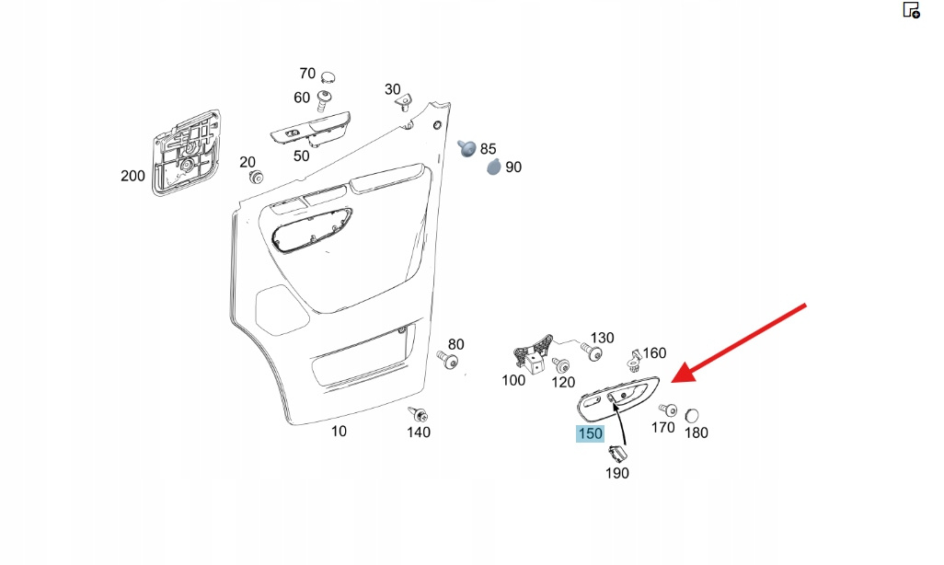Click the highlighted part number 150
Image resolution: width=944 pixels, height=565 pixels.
(x=589, y=433)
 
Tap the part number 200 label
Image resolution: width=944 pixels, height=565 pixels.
(x=132, y=176)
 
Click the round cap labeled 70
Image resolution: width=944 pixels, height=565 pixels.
(x=328, y=75)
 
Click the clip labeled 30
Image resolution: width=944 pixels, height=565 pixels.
(x=404, y=104)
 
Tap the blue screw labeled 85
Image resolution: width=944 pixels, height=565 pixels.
(x=467, y=147)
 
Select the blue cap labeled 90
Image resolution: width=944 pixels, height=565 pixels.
(x=494, y=167)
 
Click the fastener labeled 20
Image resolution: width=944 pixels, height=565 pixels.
(x=256, y=176)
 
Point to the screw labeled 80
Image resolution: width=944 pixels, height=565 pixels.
(x=449, y=359)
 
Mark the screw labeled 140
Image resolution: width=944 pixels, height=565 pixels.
(x=418, y=415)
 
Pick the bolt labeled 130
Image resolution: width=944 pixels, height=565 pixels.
(x=593, y=353)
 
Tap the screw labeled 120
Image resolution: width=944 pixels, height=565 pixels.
(x=561, y=365)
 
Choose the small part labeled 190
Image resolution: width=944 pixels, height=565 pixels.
(x=616, y=453)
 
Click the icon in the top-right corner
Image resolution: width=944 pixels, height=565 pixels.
(x=911, y=10)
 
